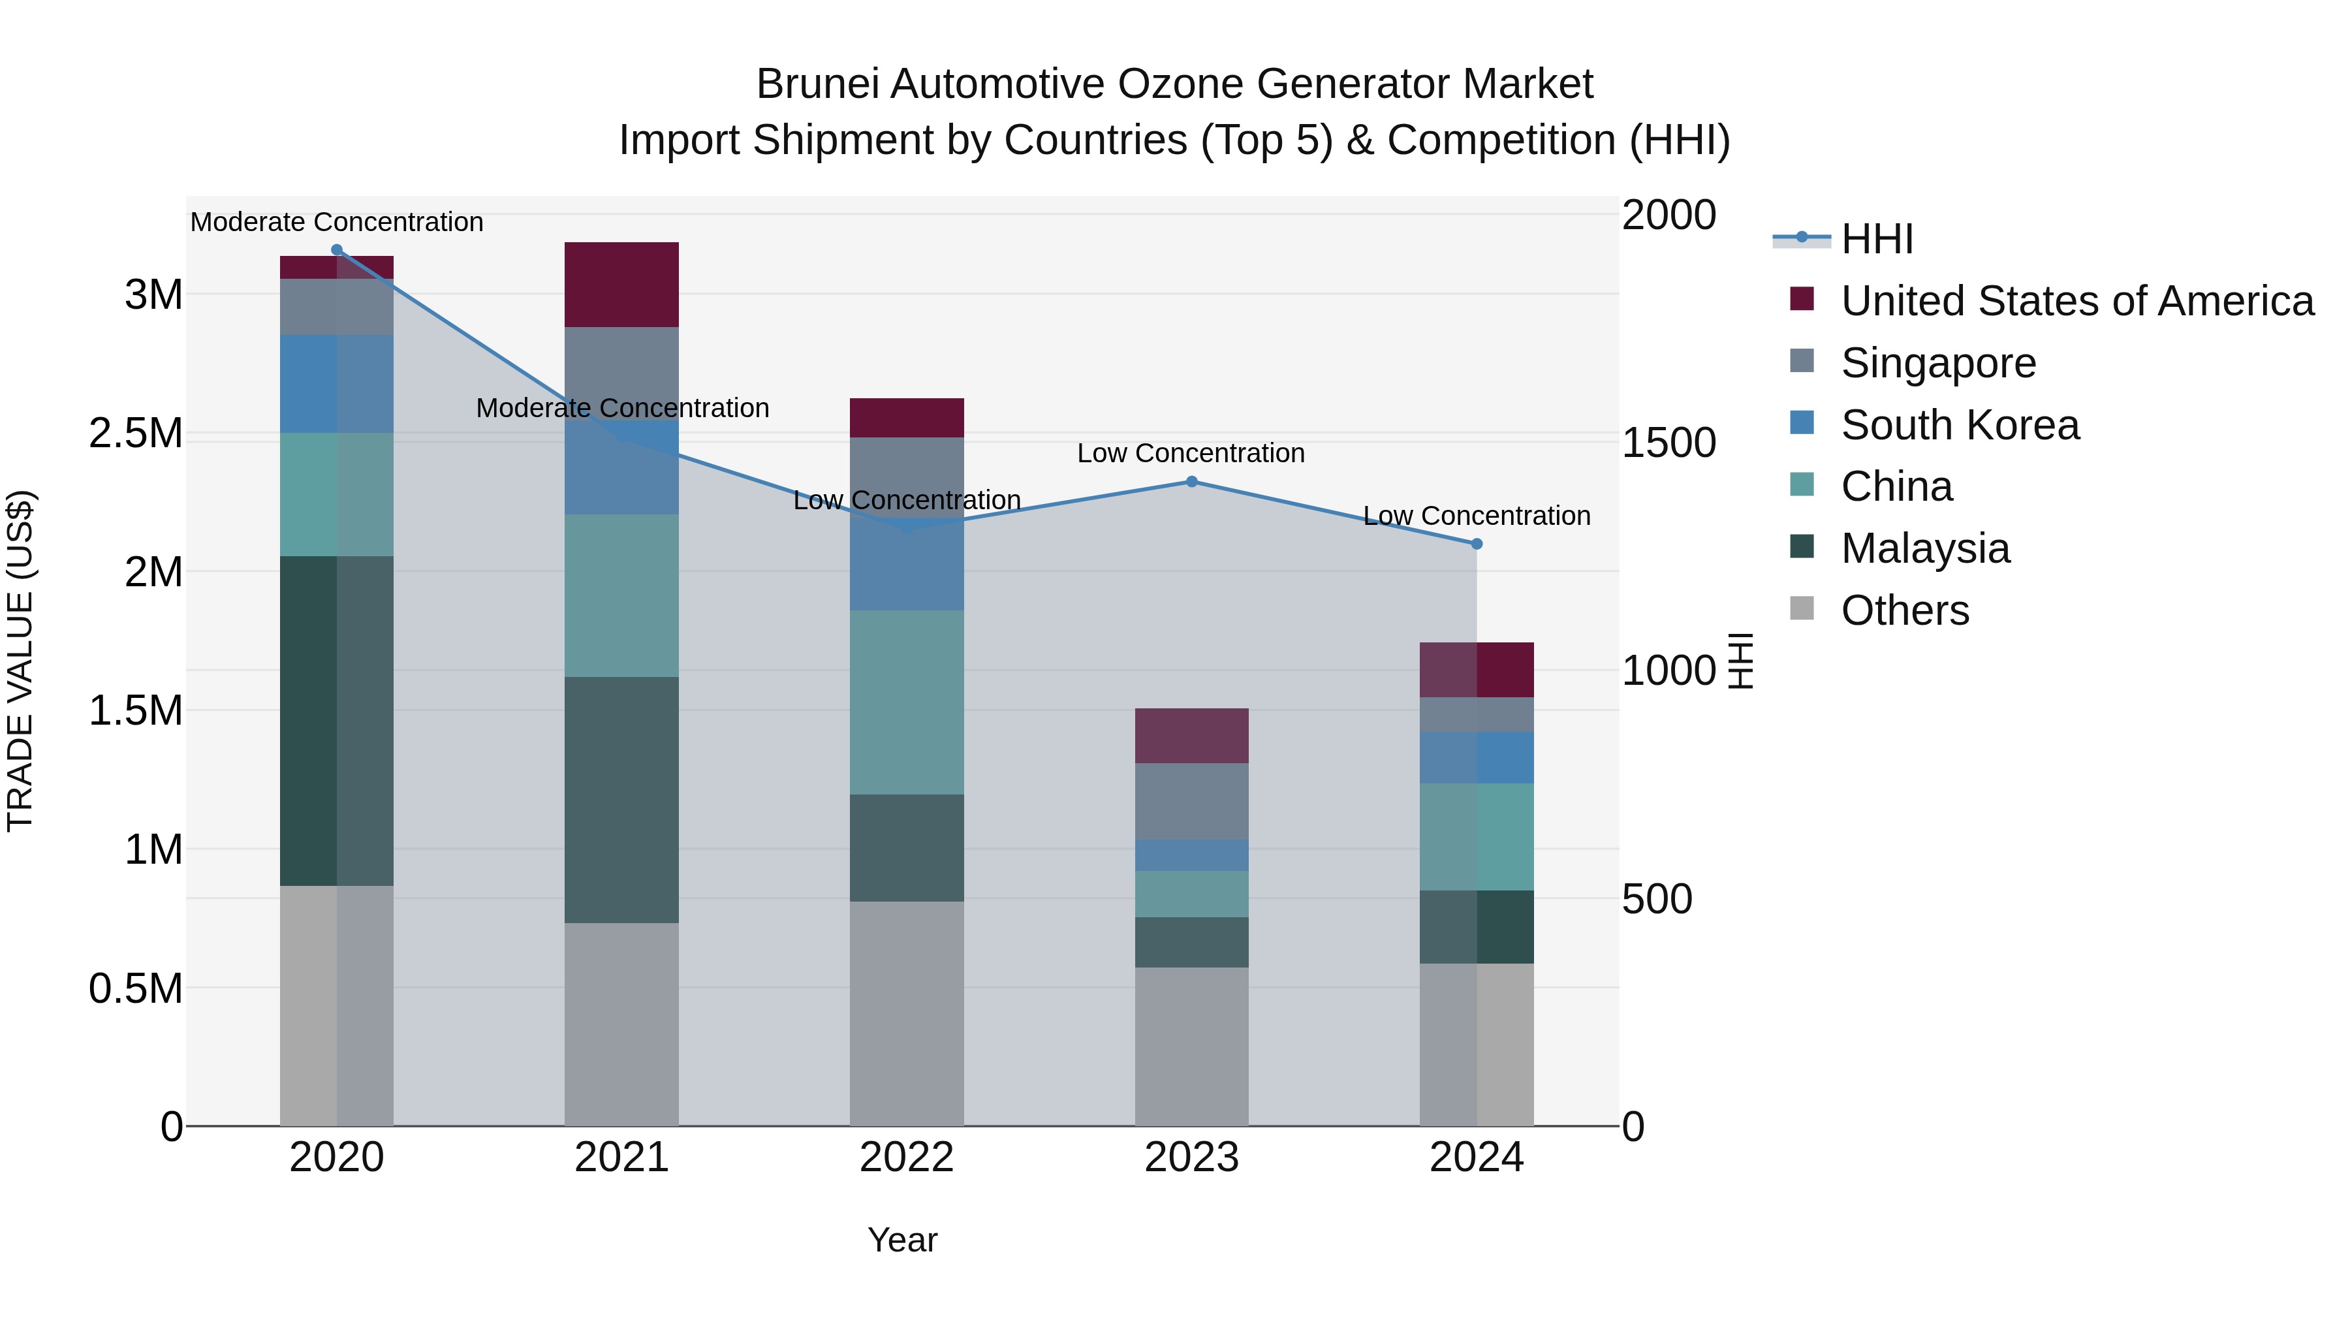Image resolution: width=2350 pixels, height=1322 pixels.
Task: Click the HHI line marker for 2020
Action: click(337, 250)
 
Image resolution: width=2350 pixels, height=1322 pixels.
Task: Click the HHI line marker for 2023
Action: click(1191, 482)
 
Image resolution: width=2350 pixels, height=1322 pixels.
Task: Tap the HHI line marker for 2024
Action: click(1477, 544)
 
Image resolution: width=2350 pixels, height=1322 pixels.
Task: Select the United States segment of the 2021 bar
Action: click(621, 285)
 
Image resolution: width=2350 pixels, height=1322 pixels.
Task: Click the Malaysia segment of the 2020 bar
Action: click(337, 721)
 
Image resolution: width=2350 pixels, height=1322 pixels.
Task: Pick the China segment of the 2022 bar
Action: click(907, 702)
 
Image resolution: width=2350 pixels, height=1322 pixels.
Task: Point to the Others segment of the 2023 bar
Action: click(1191, 1047)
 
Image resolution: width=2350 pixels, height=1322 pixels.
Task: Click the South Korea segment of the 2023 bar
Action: click(1191, 855)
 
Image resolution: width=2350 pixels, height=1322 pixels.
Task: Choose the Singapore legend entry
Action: click(1937, 363)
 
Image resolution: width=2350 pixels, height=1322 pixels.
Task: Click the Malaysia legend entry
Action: click(1925, 548)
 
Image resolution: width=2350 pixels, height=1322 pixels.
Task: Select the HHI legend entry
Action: click(1877, 239)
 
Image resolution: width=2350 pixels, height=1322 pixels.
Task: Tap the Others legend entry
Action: click(1905, 610)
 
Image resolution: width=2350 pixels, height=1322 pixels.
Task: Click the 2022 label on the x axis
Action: click(907, 1157)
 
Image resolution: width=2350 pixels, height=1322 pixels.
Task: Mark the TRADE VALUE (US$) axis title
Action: click(20, 661)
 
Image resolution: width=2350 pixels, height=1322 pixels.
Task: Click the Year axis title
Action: click(902, 1240)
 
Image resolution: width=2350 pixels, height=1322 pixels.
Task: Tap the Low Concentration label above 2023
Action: click(1191, 454)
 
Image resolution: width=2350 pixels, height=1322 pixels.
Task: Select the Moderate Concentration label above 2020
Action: click(337, 222)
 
